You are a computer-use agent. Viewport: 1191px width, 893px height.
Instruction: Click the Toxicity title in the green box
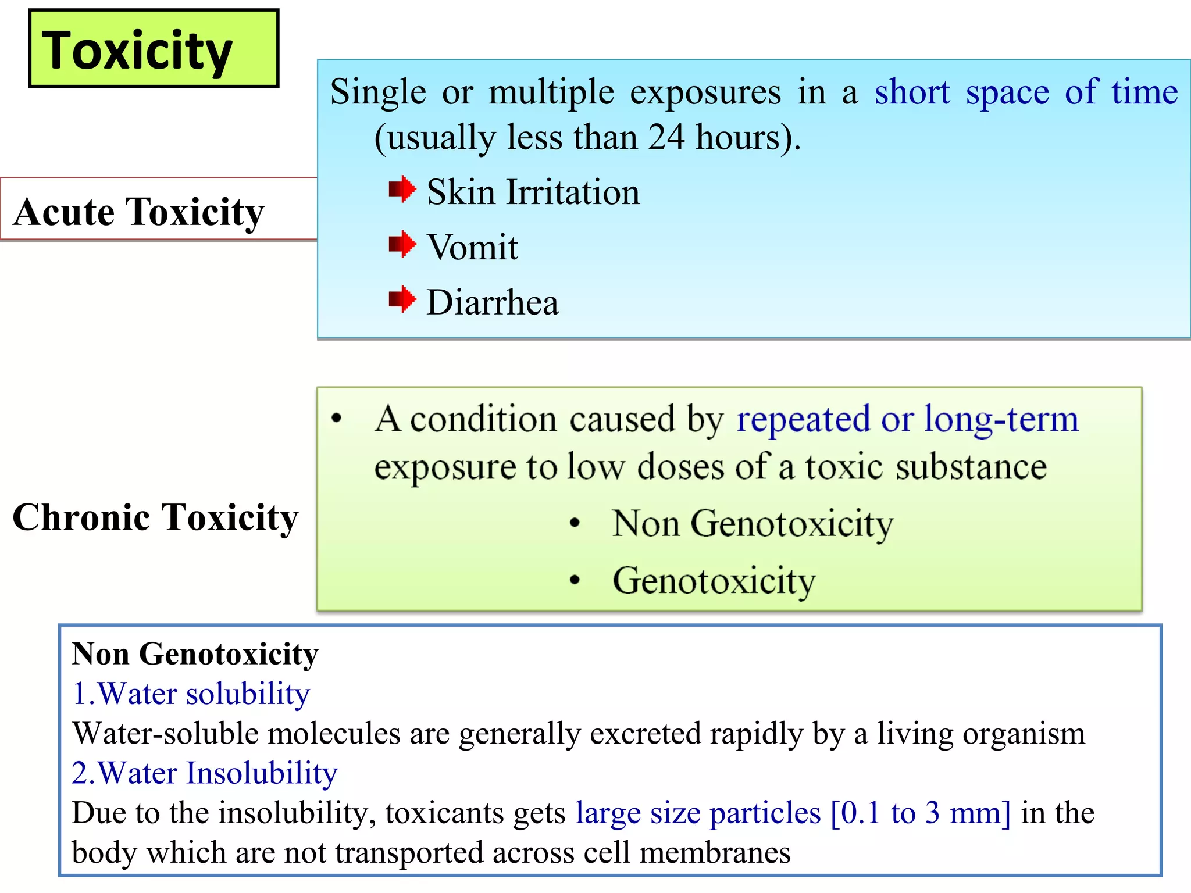[x=137, y=51]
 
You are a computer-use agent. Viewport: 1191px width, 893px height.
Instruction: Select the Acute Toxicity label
[x=138, y=212]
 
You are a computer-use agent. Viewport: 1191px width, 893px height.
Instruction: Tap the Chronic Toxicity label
[x=155, y=517]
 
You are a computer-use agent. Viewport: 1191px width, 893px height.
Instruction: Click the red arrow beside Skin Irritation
[x=402, y=190]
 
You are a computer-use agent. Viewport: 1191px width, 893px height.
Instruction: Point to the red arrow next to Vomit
[x=402, y=244]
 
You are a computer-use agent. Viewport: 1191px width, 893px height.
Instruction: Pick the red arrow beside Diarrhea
[x=402, y=299]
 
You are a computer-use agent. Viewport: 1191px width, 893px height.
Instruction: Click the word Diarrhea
[x=493, y=303]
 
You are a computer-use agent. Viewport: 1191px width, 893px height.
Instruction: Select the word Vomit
[x=472, y=248]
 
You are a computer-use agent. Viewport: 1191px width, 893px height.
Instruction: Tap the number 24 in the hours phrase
[x=666, y=138]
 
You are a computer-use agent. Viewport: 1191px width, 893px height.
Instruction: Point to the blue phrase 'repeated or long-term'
[x=907, y=420]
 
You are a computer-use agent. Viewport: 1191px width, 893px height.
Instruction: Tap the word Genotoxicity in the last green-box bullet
[x=714, y=581]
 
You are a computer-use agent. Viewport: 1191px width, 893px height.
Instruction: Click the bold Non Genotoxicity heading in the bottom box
[x=195, y=654]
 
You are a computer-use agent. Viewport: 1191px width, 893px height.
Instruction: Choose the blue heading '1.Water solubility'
[x=191, y=694]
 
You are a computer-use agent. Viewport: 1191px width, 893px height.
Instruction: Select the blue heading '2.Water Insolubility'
[x=205, y=773]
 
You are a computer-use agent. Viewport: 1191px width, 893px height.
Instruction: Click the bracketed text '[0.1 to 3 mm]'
[x=921, y=813]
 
